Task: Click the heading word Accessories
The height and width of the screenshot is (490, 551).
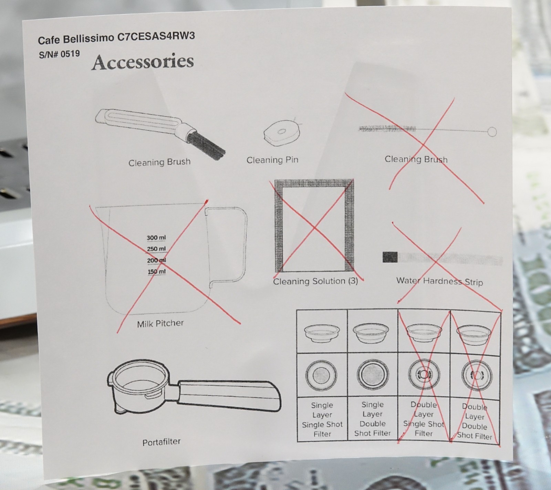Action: pos(143,62)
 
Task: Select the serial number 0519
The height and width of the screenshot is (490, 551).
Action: pos(70,54)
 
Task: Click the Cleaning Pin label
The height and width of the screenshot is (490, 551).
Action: pos(272,160)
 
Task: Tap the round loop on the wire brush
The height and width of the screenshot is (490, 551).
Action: pos(492,132)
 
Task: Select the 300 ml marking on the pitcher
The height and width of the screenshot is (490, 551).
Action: pos(156,238)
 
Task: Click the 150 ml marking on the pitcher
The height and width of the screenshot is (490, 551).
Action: pos(157,272)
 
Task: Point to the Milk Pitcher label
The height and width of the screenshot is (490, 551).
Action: pos(160,323)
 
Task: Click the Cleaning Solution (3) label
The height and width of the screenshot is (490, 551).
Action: pos(315,281)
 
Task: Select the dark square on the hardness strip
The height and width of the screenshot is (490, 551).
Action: pos(390,257)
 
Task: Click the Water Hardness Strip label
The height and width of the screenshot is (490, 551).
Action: pos(439,282)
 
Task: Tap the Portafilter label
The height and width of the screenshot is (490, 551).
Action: pos(162,442)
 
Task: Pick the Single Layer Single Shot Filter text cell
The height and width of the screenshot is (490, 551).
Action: pos(322,419)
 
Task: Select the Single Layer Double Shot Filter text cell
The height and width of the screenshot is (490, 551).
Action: pos(372,419)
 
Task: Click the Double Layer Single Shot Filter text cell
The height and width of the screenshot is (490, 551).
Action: pos(424,419)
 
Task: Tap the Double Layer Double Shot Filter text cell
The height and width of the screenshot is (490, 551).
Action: pos(475,421)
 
